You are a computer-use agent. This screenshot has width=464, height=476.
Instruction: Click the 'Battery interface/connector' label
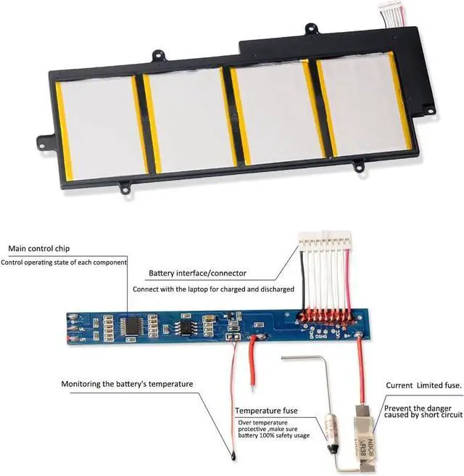tap(197, 274)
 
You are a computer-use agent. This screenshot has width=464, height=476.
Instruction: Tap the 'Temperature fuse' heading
tap(269, 410)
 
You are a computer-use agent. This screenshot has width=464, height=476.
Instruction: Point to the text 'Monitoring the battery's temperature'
tap(127, 383)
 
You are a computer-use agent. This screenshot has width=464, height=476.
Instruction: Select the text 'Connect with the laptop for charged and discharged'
tap(213, 289)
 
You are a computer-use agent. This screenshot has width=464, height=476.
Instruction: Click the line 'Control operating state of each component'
tap(64, 262)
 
